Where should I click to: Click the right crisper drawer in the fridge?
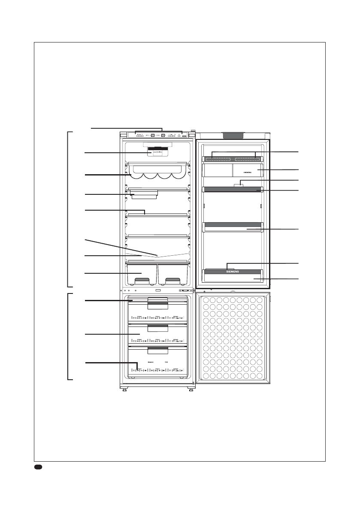click(x=173, y=274)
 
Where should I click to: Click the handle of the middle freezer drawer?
click(x=157, y=328)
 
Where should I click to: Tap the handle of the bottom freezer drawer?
click(x=157, y=351)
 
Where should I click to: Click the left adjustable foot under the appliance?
click(x=124, y=390)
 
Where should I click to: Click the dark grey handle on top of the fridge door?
click(x=233, y=135)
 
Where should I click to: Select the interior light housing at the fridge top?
click(x=157, y=152)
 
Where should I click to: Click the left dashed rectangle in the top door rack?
click(x=218, y=158)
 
